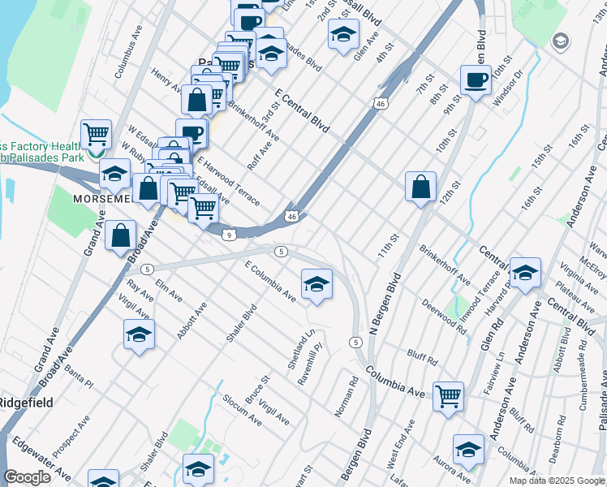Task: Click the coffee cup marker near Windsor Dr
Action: coord(476,80)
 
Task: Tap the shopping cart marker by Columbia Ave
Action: coord(448,397)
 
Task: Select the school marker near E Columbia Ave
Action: coord(316,283)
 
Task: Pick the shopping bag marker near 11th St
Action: coord(421,187)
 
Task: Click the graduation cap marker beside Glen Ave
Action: coord(343,35)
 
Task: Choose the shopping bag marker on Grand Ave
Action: coord(120,235)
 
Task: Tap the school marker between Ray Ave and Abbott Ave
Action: coord(139,334)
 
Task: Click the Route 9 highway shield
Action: coord(230,235)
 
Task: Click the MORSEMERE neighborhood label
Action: coord(104,198)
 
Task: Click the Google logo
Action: coord(27,477)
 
